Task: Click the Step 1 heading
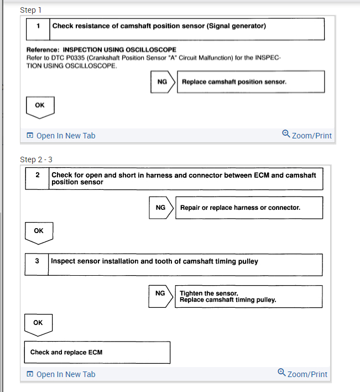(x=30, y=10)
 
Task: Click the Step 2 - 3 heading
(x=36, y=159)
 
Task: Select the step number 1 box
(x=38, y=26)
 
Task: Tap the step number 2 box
(x=37, y=175)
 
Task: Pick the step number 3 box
(x=37, y=261)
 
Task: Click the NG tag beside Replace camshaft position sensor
(x=162, y=82)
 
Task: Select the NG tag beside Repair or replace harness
(x=160, y=208)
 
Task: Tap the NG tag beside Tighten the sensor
(x=160, y=293)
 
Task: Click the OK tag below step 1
(x=40, y=105)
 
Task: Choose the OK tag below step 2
(x=38, y=231)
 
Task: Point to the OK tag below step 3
(x=38, y=322)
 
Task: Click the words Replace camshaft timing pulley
(x=228, y=300)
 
